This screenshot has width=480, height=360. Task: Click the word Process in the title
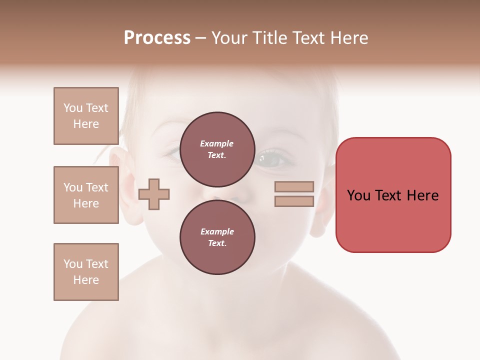(157, 38)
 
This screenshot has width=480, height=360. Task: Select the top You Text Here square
(86, 116)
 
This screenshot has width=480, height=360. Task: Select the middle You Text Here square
(86, 195)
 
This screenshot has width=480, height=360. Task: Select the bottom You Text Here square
(86, 272)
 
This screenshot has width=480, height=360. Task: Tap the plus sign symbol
(154, 193)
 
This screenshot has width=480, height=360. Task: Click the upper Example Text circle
(217, 149)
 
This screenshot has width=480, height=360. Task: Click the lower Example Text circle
(217, 237)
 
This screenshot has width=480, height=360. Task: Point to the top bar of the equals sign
(294, 186)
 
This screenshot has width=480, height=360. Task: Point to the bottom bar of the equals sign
(294, 201)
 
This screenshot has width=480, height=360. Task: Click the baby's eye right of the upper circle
(273, 159)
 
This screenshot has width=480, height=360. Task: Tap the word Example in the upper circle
(217, 143)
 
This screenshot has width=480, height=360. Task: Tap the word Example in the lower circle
(217, 231)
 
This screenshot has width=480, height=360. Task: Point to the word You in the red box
(359, 195)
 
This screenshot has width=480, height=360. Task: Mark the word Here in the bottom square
(86, 280)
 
